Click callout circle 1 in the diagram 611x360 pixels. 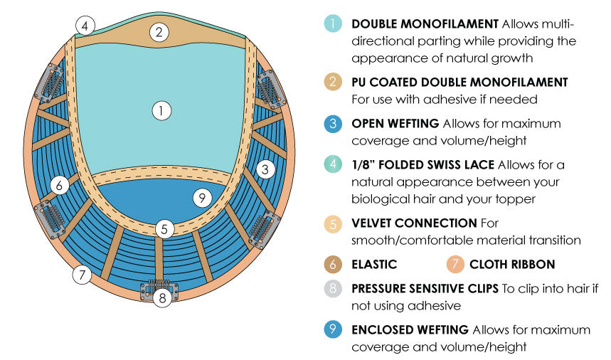(x=162, y=110)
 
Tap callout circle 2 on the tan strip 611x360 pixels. (x=159, y=31)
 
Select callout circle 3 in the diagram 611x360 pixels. (x=265, y=169)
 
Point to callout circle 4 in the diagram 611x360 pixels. (x=85, y=26)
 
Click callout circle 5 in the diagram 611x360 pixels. (x=164, y=229)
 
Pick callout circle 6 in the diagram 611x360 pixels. (x=60, y=185)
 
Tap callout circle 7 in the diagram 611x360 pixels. (x=83, y=274)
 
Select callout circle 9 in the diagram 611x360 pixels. (x=203, y=198)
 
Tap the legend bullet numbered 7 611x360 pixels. (x=455, y=265)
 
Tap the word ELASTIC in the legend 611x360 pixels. (x=374, y=265)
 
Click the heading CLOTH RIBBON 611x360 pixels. (x=512, y=265)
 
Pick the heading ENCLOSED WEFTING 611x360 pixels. (x=410, y=329)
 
